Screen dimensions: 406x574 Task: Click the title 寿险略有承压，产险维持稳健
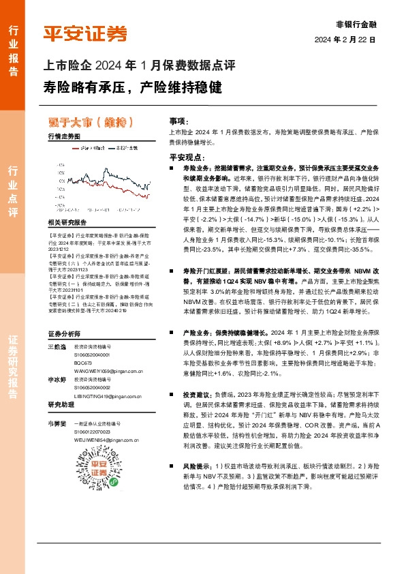click(133, 88)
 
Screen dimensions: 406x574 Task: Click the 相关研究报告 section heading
click(67, 223)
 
